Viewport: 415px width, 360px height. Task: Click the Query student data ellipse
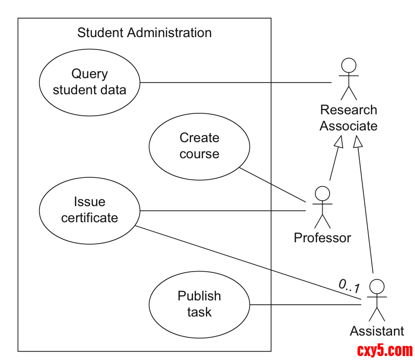[89, 82]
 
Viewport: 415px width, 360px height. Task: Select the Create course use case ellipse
[199, 146]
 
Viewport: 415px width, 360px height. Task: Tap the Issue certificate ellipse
[89, 210]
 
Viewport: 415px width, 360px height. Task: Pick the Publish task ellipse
[199, 304]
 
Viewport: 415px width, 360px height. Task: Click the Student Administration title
[145, 33]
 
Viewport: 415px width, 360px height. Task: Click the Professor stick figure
[322, 207]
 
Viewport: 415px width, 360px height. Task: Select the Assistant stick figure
[376, 300]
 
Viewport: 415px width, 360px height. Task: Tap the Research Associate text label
[349, 118]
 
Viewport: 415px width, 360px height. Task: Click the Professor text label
[322, 238]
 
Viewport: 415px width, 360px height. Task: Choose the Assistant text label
[377, 331]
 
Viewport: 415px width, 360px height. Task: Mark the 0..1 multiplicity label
[349, 285]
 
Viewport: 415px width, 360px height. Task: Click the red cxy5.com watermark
[385, 350]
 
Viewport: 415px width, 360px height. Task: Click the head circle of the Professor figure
[322, 192]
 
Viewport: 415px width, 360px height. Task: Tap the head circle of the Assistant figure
[376, 286]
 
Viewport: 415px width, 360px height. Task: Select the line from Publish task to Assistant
[305, 305]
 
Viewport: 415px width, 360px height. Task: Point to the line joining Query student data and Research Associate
[234, 82]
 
